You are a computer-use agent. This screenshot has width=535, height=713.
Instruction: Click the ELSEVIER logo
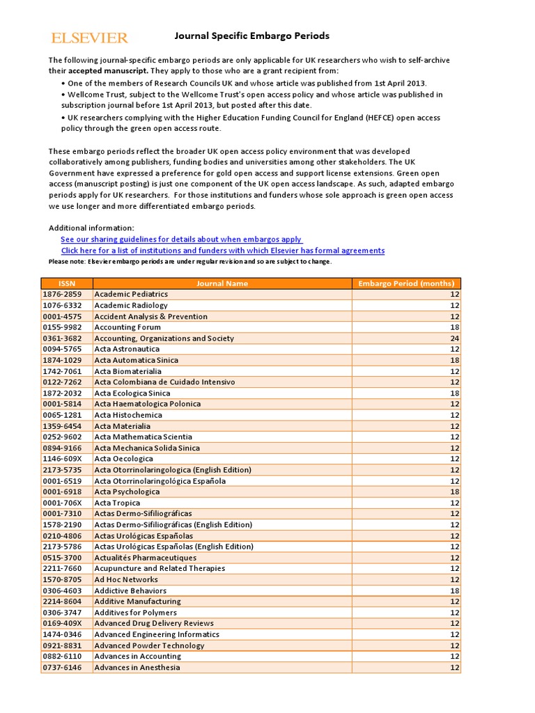pos(89,38)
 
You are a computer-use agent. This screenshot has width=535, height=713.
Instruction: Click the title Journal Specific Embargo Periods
pos(251,36)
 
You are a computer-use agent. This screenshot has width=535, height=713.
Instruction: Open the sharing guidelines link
pos(181,239)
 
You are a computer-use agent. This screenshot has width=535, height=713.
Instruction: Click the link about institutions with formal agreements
pos(222,250)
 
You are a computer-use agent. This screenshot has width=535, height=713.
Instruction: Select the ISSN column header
pos(67,283)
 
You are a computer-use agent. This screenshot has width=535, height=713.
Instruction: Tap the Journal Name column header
pos(222,283)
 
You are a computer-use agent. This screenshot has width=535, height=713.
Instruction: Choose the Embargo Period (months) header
pos(405,283)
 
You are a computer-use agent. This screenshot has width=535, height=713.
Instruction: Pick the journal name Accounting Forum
pos(127,327)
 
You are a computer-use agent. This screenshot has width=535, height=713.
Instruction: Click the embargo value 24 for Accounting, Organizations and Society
pos(455,338)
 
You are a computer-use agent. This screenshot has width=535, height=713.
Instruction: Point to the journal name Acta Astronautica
pos(127,349)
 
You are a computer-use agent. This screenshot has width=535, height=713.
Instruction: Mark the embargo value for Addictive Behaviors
pos(455,590)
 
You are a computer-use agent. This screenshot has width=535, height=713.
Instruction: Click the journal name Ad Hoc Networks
pos(126,579)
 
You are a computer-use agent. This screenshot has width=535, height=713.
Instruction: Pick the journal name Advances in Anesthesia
pos(137,667)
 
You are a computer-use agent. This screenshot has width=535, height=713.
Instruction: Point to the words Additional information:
pos(91,228)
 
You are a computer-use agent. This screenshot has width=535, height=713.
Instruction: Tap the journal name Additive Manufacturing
pos(137,601)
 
